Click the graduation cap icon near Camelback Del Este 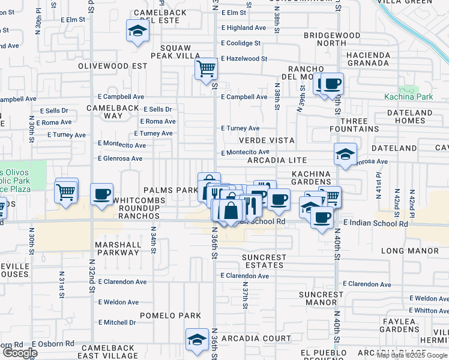click(137, 31)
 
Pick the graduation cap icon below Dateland click(346, 154)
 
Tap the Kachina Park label click(408, 97)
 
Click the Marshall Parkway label click(117, 248)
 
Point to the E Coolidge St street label click(241, 43)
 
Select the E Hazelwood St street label click(244, 59)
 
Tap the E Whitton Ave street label click(429, 311)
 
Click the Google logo click(20, 353)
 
